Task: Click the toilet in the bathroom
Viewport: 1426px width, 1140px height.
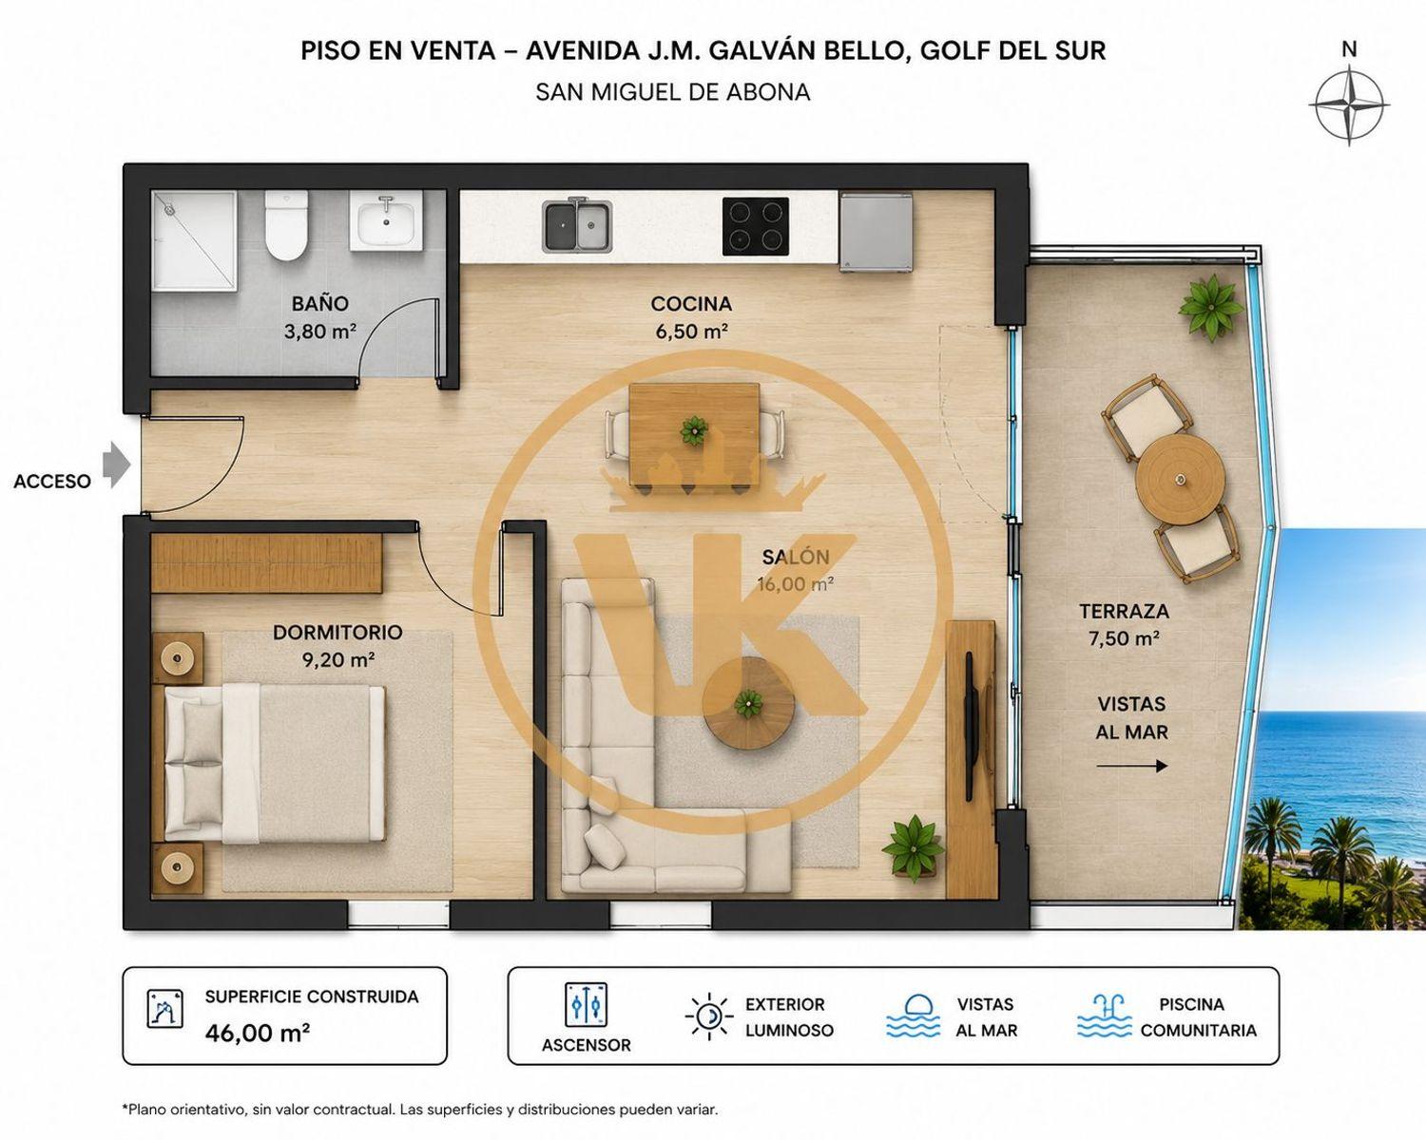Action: pos(286,225)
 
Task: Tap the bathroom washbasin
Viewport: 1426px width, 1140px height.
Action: pos(386,222)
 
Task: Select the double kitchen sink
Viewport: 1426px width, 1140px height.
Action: pos(577,226)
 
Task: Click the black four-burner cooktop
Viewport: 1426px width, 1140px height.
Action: pos(756,226)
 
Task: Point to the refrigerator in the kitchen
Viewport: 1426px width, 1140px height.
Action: pos(876,231)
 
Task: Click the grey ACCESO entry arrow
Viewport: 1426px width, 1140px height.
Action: pos(117,465)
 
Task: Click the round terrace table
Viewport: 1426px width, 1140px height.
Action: pos(1180,478)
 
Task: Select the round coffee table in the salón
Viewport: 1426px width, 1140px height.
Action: pos(749,703)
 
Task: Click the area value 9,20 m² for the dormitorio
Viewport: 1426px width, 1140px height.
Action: pos(338,659)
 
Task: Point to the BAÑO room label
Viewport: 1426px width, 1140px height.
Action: pos(320,303)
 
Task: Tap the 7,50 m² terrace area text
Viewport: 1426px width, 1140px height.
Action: pos(1124,638)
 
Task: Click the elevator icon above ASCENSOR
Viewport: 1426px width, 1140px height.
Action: pos(586,1005)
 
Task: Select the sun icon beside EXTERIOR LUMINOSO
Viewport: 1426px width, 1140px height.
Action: pos(709,1016)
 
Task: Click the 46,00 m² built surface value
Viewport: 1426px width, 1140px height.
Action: pos(257,1033)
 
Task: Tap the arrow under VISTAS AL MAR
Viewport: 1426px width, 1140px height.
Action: pos(1132,767)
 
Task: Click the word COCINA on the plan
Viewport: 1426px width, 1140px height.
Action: pos(691,304)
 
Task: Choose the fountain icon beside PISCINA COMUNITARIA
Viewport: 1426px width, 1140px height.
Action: pos(1104,1016)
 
